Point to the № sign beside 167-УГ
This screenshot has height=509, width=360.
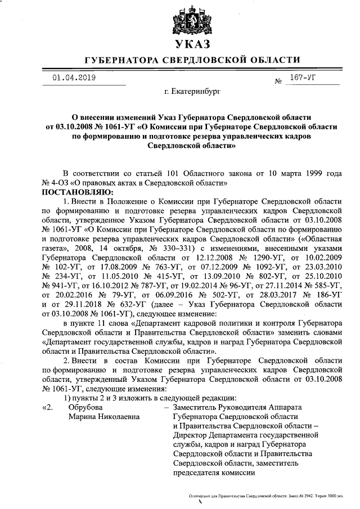point(278,82)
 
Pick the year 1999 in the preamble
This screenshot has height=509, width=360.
point(306,173)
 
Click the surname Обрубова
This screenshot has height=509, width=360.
point(86,407)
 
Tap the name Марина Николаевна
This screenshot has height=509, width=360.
point(104,416)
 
